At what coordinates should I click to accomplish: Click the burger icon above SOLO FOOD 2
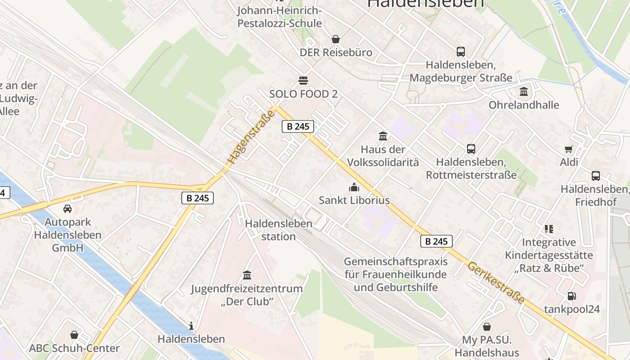tap(303, 81)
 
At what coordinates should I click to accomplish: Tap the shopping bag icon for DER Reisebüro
tap(335, 39)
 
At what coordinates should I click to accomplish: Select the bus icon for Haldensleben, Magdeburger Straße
tap(461, 51)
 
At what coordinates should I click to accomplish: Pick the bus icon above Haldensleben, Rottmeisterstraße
tap(471, 148)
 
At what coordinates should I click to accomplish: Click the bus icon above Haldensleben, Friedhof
tap(595, 176)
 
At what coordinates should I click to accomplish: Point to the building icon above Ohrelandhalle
tap(524, 92)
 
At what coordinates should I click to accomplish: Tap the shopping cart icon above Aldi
tap(569, 149)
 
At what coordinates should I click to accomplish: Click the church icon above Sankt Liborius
tap(354, 187)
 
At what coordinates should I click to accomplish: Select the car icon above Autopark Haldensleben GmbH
tap(67, 208)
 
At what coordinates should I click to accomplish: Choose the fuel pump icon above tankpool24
tap(571, 296)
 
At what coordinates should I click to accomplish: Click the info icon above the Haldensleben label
tap(191, 325)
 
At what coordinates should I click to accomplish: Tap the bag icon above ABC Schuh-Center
tap(74, 335)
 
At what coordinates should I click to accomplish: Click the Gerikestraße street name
tap(496, 282)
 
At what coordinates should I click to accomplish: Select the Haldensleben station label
tap(279, 230)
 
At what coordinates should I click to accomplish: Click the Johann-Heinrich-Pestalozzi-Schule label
tap(279, 17)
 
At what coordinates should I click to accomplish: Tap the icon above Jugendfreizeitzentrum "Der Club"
tap(247, 275)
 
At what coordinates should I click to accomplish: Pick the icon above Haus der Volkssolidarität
tap(383, 135)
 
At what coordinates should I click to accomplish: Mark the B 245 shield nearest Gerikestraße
tap(436, 241)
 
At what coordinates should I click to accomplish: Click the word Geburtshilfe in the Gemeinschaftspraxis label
tap(409, 287)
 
